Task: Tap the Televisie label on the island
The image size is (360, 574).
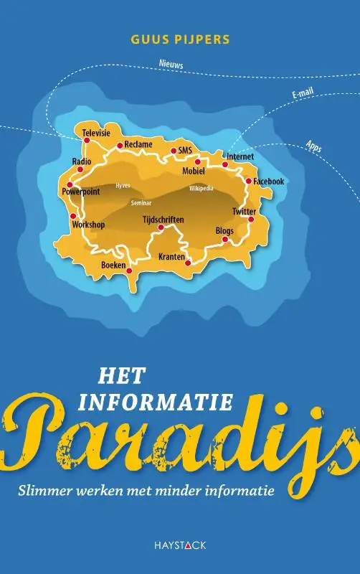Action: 95,133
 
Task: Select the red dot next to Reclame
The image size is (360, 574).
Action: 120,145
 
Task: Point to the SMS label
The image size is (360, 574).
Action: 186,150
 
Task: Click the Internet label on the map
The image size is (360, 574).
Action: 240,156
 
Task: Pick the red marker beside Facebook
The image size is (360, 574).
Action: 248,181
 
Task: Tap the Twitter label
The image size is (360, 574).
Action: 244,211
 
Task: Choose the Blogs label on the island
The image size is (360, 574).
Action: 224,231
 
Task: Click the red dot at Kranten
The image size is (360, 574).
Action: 188,263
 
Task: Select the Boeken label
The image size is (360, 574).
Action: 113,265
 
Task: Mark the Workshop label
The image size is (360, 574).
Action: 88,225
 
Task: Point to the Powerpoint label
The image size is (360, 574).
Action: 80,192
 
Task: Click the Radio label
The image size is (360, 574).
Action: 82,161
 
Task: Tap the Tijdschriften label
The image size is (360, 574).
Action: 164,219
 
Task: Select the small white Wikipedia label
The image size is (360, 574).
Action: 202,189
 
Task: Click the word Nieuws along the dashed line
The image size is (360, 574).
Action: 171,65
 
